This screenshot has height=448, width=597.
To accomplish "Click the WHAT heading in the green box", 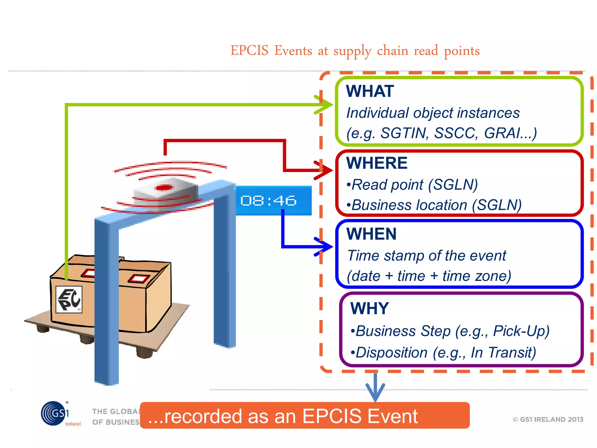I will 370,91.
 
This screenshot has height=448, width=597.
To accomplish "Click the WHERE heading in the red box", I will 377,163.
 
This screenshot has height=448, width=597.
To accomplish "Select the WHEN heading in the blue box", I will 371,234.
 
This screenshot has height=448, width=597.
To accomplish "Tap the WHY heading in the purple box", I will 370,308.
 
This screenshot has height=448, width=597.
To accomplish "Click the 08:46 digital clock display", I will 268,201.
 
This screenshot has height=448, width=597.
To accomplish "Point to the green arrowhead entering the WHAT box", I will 326,104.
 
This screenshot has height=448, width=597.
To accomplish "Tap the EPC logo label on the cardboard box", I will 69,300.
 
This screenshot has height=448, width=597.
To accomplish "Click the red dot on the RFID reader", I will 164,187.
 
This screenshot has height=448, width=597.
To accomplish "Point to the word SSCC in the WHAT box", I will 456,133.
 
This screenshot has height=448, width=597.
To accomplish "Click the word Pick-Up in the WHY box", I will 521,331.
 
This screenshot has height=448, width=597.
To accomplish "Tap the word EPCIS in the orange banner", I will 328,416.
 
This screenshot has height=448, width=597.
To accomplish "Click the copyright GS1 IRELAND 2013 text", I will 548,419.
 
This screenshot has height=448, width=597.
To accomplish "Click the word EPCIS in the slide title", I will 250,51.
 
